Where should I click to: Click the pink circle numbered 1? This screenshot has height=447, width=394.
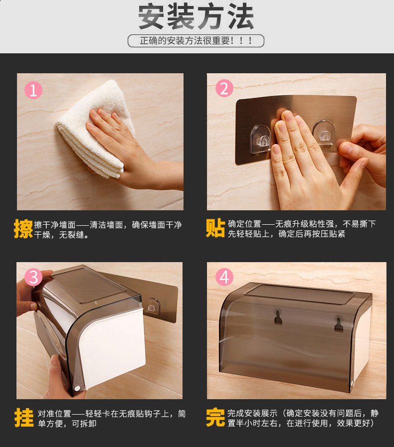pyautogui.click(x=33, y=90)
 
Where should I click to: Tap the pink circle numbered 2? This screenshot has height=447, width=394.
pyautogui.click(x=224, y=88)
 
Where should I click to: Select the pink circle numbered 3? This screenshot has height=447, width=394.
pyautogui.click(x=33, y=277)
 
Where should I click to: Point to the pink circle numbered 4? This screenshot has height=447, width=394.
pyautogui.click(x=224, y=277)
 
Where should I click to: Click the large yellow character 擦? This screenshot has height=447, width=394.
pyautogui.click(x=23, y=229)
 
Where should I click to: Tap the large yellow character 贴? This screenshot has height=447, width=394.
pyautogui.click(x=215, y=228)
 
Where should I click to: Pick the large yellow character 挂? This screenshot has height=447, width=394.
pyautogui.click(x=24, y=418)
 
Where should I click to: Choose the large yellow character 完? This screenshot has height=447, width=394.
pyautogui.click(x=215, y=418)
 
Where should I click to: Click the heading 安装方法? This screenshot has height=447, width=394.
pyautogui.click(x=196, y=16)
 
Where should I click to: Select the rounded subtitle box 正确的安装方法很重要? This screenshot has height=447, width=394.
pyautogui.click(x=196, y=41)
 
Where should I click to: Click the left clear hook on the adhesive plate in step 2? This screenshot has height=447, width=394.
pyautogui.click(x=261, y=139)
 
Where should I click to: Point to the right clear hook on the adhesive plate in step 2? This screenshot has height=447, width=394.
pyautogui.click(x=324, y=132)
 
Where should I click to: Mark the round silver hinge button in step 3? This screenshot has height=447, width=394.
pyautogui.click(x=77, y=388)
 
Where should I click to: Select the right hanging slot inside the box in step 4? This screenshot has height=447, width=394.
pyautogui.click(x=339, y=324)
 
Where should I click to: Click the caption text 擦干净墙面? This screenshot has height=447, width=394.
pyautogui.click(x=55, y=225)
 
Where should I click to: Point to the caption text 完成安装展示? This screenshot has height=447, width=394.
pyautogui.click(x=252, y=413)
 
